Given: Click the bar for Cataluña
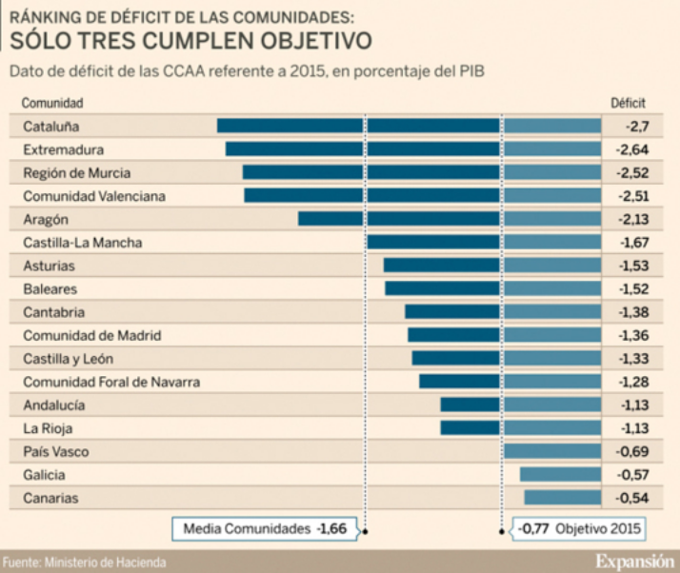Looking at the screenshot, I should (409, 126).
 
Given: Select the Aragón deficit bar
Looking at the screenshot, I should (449, 219).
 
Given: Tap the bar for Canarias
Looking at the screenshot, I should (562, 498).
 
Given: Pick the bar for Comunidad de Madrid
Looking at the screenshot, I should (504, 335).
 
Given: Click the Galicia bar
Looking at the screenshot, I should (560, 474).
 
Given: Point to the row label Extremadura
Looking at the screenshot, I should (63, 149).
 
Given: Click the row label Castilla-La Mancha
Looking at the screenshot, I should (82, 243).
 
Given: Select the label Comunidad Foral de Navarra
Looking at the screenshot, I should (110, 382).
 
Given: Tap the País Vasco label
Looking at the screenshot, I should (56, 451).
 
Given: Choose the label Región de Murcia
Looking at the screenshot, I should (76, 173).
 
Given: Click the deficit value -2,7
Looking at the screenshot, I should (636, 126).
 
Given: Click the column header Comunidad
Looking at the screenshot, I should (53, 103).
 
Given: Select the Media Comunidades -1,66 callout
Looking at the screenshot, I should (265, 528).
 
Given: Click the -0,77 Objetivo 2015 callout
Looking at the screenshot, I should (579, 528).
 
